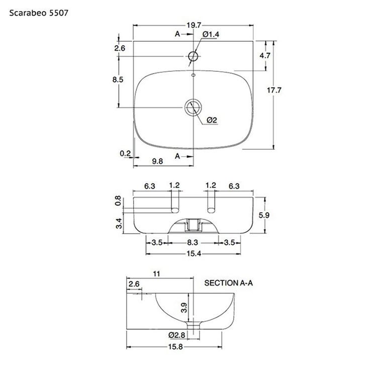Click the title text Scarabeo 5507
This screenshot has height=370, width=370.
pos(39,13)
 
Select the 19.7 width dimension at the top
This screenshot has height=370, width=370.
pos(194,25)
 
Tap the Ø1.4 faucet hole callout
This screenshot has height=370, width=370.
pos(211,35)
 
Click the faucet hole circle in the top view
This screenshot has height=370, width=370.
pos(193,56)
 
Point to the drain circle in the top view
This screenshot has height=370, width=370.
pos(193,108)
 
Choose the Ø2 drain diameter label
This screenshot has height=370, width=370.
pos(212,120)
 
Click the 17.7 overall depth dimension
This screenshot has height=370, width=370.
pos(274,90)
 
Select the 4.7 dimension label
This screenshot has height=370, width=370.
pos(265,56)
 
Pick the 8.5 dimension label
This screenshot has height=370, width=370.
pos(118,80)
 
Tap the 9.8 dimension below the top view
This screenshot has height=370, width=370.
pos(157,161)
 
